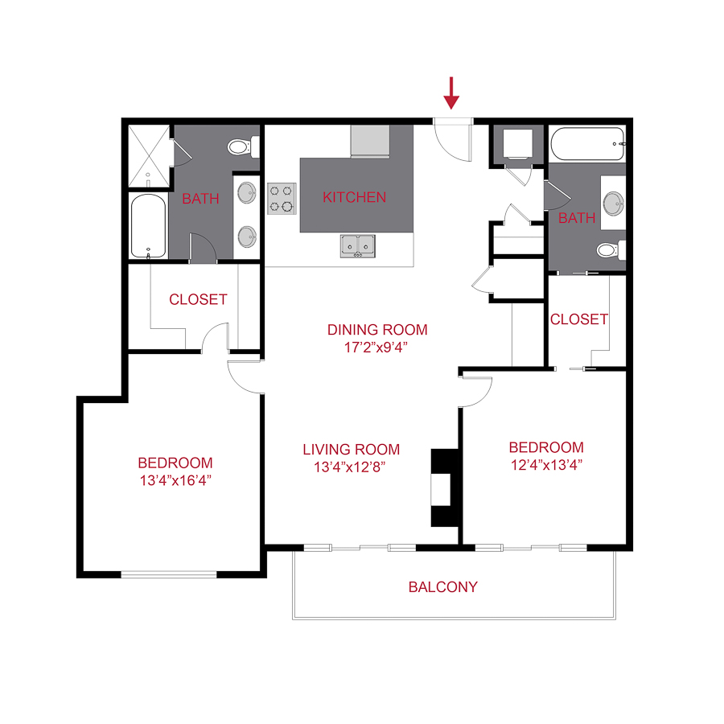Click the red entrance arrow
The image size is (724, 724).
[451, 93]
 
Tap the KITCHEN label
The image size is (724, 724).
[354, 197]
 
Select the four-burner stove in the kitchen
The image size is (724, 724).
[282, 198]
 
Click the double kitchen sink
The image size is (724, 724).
[356, 245]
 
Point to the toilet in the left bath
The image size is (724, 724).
[240, 147]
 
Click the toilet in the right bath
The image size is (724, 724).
[610, 250]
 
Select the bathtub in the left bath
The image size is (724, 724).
[148, 226]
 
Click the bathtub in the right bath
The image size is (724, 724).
[588, 144]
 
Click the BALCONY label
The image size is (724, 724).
[442, 587]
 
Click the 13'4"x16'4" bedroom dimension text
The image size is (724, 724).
[175, 480]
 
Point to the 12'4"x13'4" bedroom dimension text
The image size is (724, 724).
[545, 464]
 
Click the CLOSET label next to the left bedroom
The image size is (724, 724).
[198, 299]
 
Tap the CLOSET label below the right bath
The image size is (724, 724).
[579, 319]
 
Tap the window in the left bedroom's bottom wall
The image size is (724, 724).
[169, 574]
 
